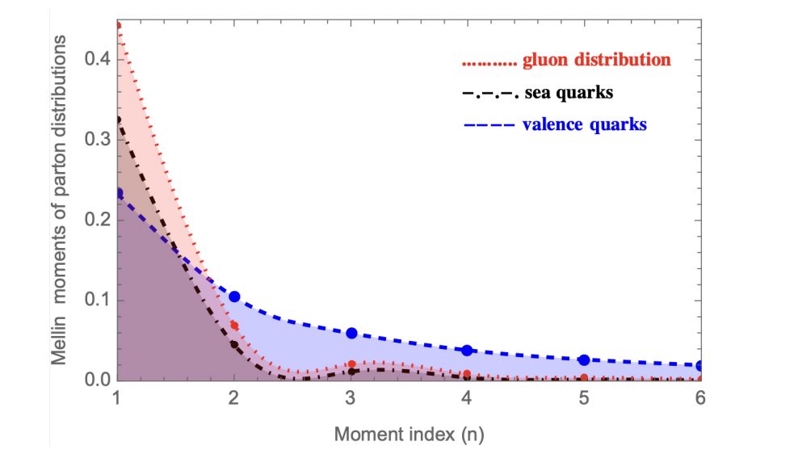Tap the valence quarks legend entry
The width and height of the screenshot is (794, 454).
[554, 125]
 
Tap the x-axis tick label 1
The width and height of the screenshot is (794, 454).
[118, 400]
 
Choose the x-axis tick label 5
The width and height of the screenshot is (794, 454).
[583, 400]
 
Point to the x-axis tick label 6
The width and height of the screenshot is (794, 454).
[699, 400]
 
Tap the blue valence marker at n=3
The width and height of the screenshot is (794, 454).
[351, 333]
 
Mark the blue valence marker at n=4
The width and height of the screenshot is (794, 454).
[467, 350]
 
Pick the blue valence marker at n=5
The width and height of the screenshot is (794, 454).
[583, 359]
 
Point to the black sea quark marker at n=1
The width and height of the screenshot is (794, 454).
[119, 120]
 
